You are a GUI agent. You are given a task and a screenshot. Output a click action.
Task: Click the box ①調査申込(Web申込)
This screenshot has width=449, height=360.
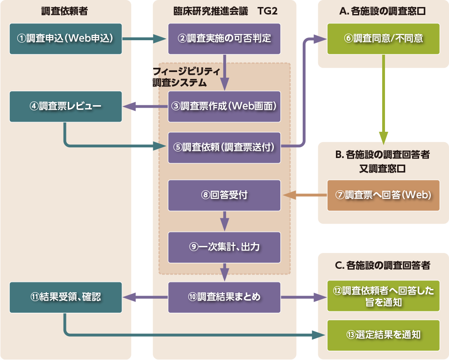65,39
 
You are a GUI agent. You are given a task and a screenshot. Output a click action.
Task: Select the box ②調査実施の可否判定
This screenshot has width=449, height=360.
224,39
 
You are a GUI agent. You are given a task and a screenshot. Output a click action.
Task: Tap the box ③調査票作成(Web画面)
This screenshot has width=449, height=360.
224,106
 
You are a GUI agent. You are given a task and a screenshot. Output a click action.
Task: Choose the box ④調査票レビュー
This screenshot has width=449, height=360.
65,106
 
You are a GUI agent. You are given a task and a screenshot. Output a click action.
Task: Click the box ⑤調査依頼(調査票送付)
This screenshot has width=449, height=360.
224,147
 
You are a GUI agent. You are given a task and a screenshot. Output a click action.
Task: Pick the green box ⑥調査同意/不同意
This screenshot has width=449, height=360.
383,39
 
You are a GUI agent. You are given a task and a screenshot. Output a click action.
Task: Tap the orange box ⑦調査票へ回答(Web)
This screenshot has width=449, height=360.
383,195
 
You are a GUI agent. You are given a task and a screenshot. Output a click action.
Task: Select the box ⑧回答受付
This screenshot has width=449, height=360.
224,195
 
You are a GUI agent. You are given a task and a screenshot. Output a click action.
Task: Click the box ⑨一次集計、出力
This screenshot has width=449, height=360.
224,247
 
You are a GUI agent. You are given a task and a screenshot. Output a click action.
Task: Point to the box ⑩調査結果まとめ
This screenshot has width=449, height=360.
224,297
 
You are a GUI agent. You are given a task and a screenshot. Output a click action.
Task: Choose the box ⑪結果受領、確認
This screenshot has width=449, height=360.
65,297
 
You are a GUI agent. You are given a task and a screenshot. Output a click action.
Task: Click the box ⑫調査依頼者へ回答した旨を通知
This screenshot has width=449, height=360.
383,296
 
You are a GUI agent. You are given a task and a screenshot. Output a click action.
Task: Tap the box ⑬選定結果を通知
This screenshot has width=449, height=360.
383,335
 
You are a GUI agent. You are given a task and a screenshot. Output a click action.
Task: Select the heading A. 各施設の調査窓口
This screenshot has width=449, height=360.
383,12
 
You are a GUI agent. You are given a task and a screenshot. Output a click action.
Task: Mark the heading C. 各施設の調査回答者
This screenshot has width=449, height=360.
383,266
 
